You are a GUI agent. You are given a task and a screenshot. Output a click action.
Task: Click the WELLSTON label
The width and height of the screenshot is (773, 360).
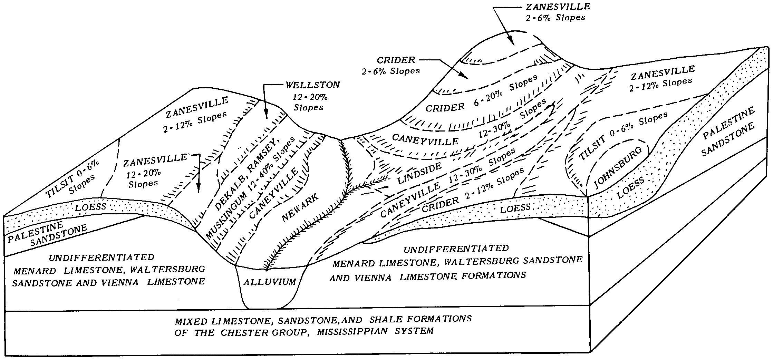click(x=313, y=85)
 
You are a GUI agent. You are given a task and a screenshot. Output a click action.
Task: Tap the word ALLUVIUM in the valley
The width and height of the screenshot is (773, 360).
click(x=270, y=282)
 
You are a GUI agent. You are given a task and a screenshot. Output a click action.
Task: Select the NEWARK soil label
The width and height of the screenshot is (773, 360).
click(x=300, y=207)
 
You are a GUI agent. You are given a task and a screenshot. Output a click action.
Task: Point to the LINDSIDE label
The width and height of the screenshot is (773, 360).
click(x=419, y=173)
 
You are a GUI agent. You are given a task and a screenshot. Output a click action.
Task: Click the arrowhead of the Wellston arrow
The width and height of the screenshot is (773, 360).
click(x=266, y=117)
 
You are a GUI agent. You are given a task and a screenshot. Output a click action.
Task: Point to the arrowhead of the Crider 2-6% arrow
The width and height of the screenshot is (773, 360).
click(x=467, y=77)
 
